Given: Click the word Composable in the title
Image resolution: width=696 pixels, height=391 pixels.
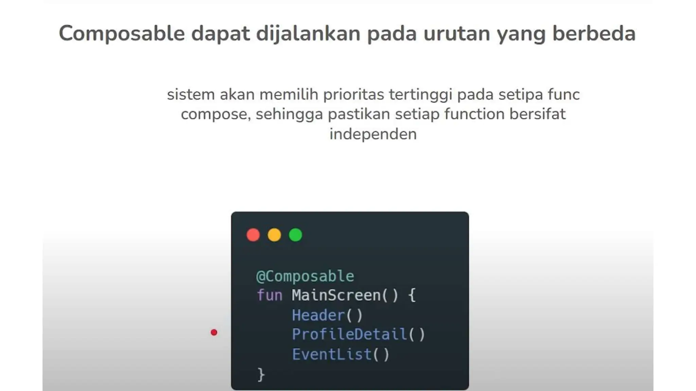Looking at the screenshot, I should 122,34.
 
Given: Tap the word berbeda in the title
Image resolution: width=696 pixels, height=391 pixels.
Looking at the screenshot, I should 594,34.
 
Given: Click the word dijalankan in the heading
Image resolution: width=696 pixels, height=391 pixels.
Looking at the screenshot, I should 308,34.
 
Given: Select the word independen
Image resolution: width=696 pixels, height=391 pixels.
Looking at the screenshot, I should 373,134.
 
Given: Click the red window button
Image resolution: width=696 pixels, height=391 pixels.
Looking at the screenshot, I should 253,235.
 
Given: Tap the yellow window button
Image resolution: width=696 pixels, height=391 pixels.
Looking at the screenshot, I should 274,235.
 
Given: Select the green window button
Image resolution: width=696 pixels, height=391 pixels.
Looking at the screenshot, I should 295,235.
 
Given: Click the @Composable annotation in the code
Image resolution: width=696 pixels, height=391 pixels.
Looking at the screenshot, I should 305,276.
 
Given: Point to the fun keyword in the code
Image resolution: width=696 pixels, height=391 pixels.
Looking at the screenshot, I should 269,295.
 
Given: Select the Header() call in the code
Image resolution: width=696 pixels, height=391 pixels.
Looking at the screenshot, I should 327,315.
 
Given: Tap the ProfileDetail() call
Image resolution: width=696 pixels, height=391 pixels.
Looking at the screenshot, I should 358,335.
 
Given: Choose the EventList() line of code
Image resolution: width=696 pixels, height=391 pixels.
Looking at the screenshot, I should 341,355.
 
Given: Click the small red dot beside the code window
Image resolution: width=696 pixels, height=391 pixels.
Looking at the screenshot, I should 214,332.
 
